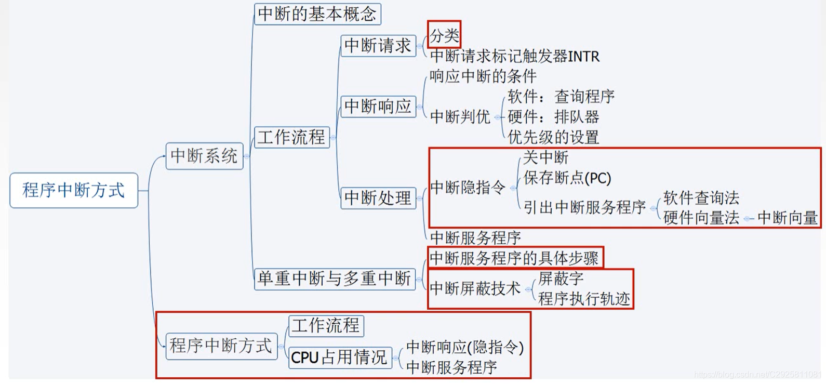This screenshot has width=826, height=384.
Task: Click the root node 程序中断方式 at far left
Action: coord(74,190)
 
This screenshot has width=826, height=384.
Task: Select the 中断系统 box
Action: coord(204,156)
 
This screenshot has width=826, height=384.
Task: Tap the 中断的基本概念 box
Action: coord(317,14)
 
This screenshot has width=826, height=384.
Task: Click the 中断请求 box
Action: coord(378,46)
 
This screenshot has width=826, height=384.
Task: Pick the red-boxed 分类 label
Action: coord(444,35)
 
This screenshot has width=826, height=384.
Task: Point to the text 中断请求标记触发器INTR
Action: coord(514,56)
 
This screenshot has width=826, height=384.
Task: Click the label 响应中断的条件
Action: coord(483,76)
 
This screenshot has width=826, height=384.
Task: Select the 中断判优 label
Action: coord(460,117)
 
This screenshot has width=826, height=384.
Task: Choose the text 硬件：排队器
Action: coord(553,117)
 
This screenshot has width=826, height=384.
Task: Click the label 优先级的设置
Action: coord(553,137)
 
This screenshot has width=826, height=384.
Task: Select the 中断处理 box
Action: coord(378,198)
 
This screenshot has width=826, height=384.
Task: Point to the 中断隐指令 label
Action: coord(468,188)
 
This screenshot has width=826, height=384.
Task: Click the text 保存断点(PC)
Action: coord(567,178)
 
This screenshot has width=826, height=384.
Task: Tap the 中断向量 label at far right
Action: coord(788,218)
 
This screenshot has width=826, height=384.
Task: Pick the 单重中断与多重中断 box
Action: coord(335,279)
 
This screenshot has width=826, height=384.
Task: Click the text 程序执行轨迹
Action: coord(584,299)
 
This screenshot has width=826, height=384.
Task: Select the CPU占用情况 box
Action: coord(339,357)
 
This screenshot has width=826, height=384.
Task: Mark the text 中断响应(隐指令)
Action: coord(464,347)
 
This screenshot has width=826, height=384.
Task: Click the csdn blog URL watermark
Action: coord(757,374)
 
